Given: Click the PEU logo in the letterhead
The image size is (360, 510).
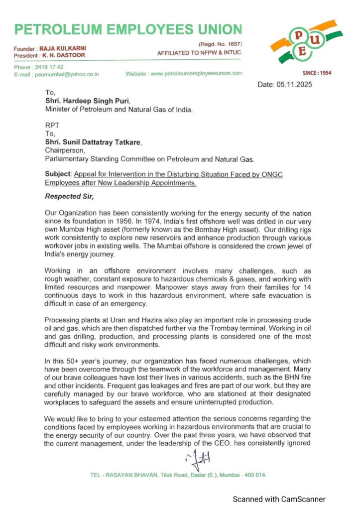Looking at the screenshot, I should (305, 42).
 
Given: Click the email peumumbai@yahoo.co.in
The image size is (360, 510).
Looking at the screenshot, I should (66, 74).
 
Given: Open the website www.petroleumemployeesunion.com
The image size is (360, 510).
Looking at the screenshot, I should (196, 74).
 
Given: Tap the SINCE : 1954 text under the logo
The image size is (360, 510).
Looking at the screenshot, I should (317, 74).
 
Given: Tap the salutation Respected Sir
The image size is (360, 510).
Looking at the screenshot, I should (67, 196).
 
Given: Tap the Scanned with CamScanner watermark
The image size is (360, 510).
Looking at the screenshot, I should (280, 499).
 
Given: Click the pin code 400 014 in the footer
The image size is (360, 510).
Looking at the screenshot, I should (254, 475).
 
